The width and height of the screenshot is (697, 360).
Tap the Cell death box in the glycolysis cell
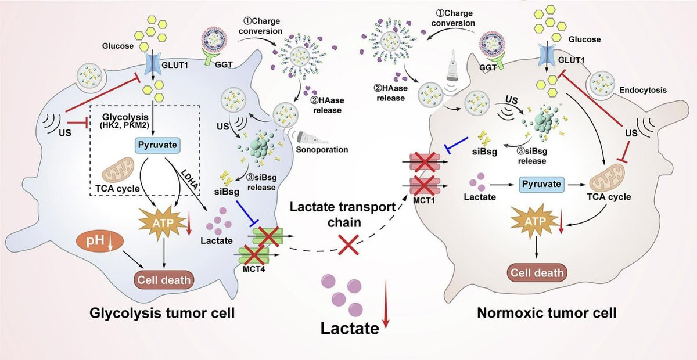pos(164,280)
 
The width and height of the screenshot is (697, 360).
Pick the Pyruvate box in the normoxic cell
pos(541,185)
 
